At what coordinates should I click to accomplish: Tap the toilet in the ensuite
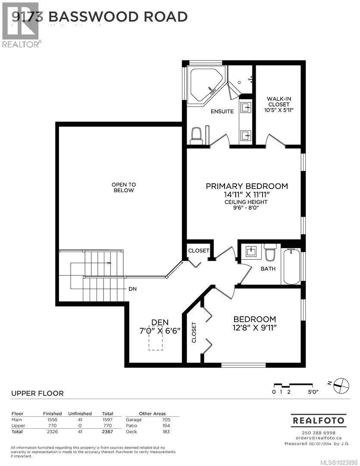pyautogui.click(x=196, y=136)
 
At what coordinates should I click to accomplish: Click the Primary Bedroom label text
pyautogui.click(x=247, y=186)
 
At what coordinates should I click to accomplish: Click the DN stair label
pyautogui.click(x=132, y=289)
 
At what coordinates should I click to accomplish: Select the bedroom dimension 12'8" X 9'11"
pyautogui.click(x=254, y=327)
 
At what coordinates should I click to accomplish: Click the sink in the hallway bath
pyautogui.click(x=250, y=251)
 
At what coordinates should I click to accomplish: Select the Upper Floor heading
pyautogui.click(x=37, y=393)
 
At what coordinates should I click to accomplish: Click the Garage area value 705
pyautogui.click(x=166, y=419)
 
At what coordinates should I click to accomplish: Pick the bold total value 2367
pyautogui.click(x=107, y=431)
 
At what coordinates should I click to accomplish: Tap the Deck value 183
pyautogui.click(x=166, y=431)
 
